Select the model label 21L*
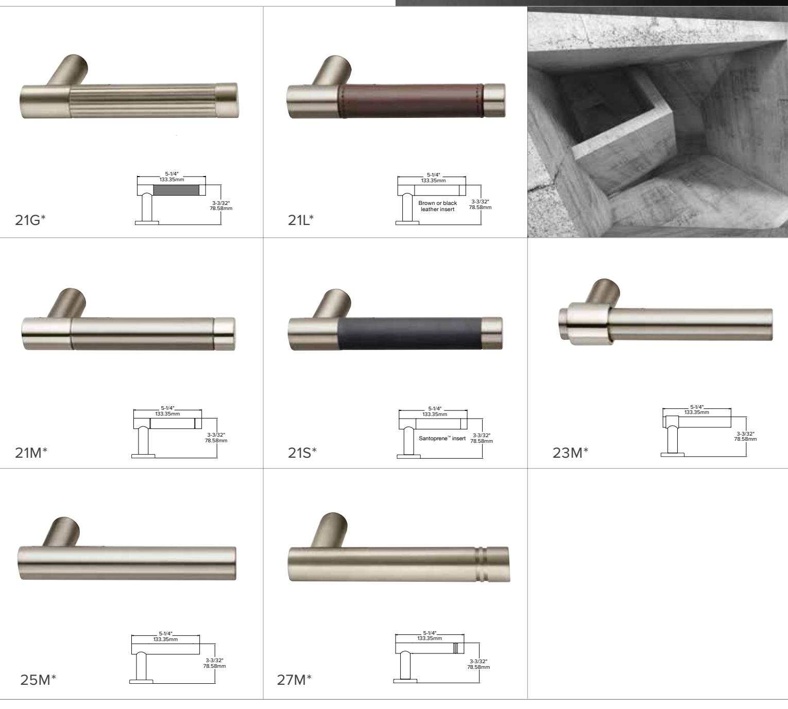tap(301, 220)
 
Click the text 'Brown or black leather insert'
tap(437, 206)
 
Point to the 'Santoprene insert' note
tap(442, 439)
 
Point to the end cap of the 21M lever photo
tap(224, 334)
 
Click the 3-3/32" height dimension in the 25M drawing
tap(214, 660)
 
